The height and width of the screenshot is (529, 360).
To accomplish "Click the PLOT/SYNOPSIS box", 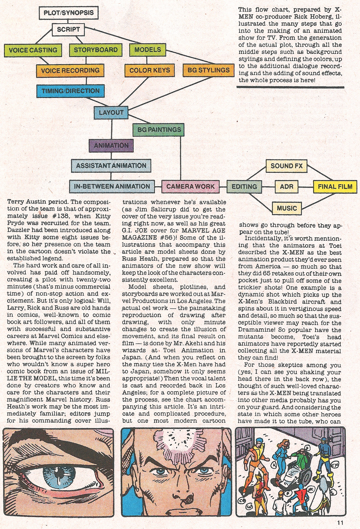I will (x=68, y=13).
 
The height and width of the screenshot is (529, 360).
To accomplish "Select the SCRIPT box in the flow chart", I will (x=68, y=29).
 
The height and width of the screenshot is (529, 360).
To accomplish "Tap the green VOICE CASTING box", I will (x=33, y=50).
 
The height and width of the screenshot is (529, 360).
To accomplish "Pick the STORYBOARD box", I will (x=96, y=50).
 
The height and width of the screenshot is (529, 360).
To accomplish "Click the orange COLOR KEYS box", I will (x=150, y=70).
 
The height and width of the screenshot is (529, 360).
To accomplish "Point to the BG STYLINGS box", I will (x=208, y=70).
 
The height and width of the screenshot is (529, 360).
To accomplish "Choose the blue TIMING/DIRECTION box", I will (x=70, y=91).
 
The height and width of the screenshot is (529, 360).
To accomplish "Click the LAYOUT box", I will (x=111, y=113).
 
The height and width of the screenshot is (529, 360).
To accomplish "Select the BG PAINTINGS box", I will (x=159, y=130).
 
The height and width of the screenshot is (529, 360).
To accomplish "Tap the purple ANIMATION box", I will (x=111, y=145).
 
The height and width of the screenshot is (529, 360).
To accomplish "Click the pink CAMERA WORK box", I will (x=190, y=186).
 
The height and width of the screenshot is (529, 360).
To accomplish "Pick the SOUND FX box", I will (x=287, y=166).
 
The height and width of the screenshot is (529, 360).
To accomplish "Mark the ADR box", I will (x=286, y=186).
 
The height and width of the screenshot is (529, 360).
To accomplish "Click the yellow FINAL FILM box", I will (x=335, y=186).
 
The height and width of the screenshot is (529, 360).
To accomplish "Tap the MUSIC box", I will (x=287, y=208).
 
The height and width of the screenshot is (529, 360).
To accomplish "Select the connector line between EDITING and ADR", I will (x=268, y=186).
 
